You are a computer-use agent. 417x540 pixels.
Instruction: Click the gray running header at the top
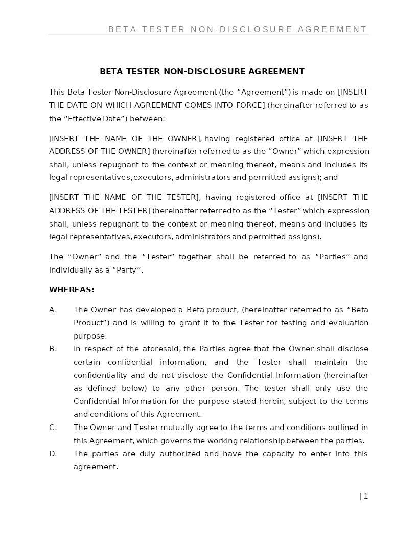point(238,30)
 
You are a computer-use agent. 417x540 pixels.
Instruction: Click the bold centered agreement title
point(202,72)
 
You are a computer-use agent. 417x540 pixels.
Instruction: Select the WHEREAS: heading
point(72,290)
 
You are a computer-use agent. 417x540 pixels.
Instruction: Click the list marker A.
point(53,310)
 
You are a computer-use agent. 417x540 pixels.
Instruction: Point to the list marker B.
point(53,349)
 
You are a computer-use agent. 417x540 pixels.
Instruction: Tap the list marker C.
point(53,427)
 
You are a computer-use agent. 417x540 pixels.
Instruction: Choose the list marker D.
point(53,454)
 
